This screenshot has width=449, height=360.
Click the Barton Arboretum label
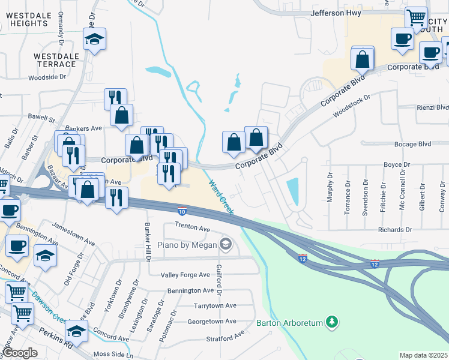(289, 323)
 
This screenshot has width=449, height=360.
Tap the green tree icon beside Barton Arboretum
(331, 323)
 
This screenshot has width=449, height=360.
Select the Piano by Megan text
(186, 244)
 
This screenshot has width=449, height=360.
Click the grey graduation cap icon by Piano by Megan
(225, 244)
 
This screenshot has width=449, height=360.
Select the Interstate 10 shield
(182, 211)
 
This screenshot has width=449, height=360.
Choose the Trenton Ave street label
(192, 229)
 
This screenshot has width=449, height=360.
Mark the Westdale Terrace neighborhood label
(56, 59)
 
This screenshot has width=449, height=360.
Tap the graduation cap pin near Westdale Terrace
(94, 40)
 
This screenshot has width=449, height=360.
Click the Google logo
(20, 353)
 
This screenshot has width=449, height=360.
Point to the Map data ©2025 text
(423, 355)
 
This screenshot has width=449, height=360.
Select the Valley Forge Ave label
(185, 275)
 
